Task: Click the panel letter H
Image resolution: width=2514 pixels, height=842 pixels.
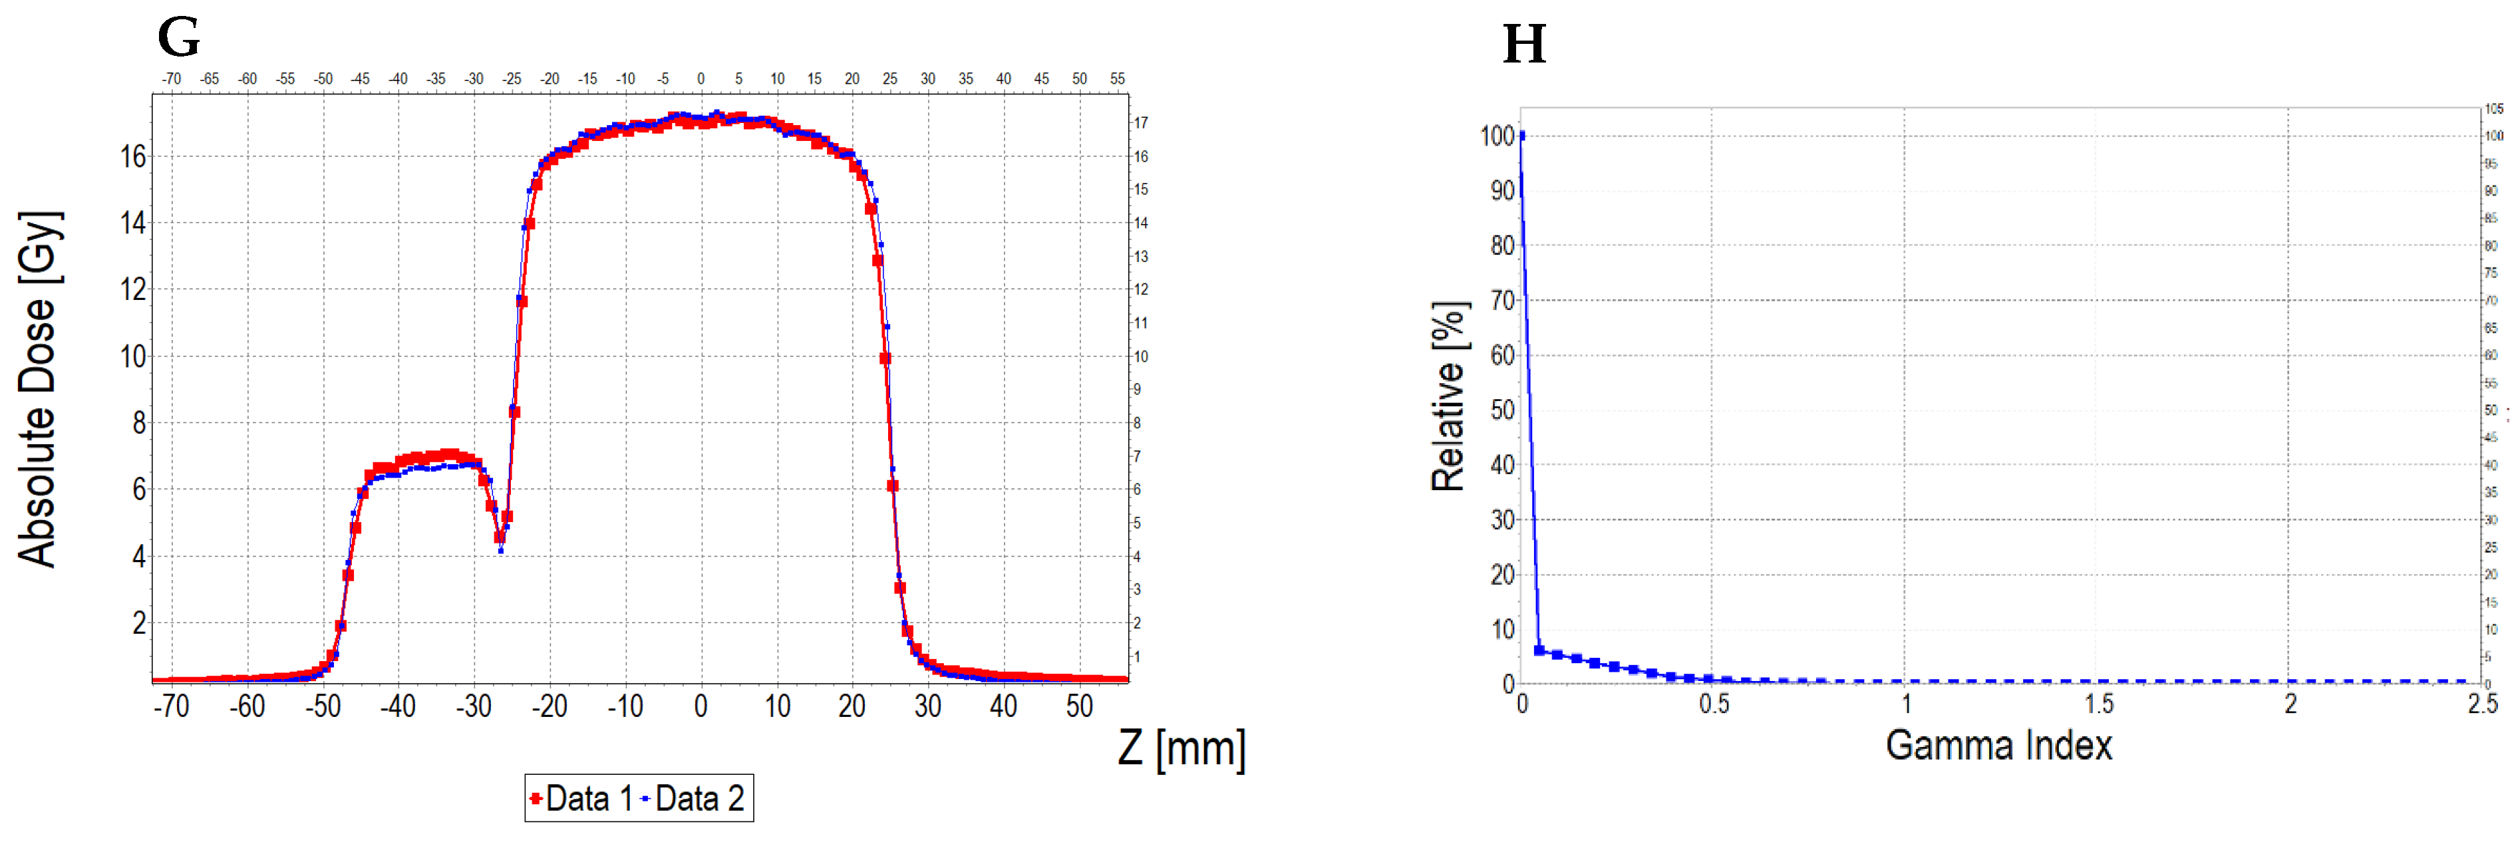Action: pyautogui.click(x=1524, y=45)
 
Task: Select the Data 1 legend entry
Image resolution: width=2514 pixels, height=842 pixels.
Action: pyautogui.click(x=579, y=799)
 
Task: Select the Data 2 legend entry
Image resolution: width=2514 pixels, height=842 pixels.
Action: pyautogui.click(x=693, y=799)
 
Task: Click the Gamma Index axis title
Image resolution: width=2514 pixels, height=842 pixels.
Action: pyautogui.click(x=1998, y=746)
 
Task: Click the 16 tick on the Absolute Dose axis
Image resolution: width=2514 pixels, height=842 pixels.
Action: pyautogui.click(x=133, y=156)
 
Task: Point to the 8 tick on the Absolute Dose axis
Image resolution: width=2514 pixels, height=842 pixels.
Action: pyautogui.click(x=138, y=422)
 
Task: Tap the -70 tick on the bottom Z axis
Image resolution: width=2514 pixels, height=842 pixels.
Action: pyautogui.click(x=172, y=706)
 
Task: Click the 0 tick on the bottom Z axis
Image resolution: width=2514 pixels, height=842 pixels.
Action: pyautogui.click(x=701, y=706)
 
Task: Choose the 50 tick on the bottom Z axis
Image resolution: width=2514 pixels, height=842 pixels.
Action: pyautogui.click(x=1080, y=706)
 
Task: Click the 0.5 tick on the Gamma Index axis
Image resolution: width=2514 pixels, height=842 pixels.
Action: pyautogui.click(x=1714, y=704)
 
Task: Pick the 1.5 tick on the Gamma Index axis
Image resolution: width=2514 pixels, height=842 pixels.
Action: pyautogui.click(x=2098, y=704)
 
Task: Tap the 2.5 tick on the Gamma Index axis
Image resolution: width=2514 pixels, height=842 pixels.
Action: pyautogui.click(x=2482, y=704)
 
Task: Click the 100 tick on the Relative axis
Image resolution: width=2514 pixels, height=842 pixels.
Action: pyautogui.click(x=1497, y=136)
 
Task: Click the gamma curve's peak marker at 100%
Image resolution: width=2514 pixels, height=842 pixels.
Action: pyautogui.click(x=1523, y=136)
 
